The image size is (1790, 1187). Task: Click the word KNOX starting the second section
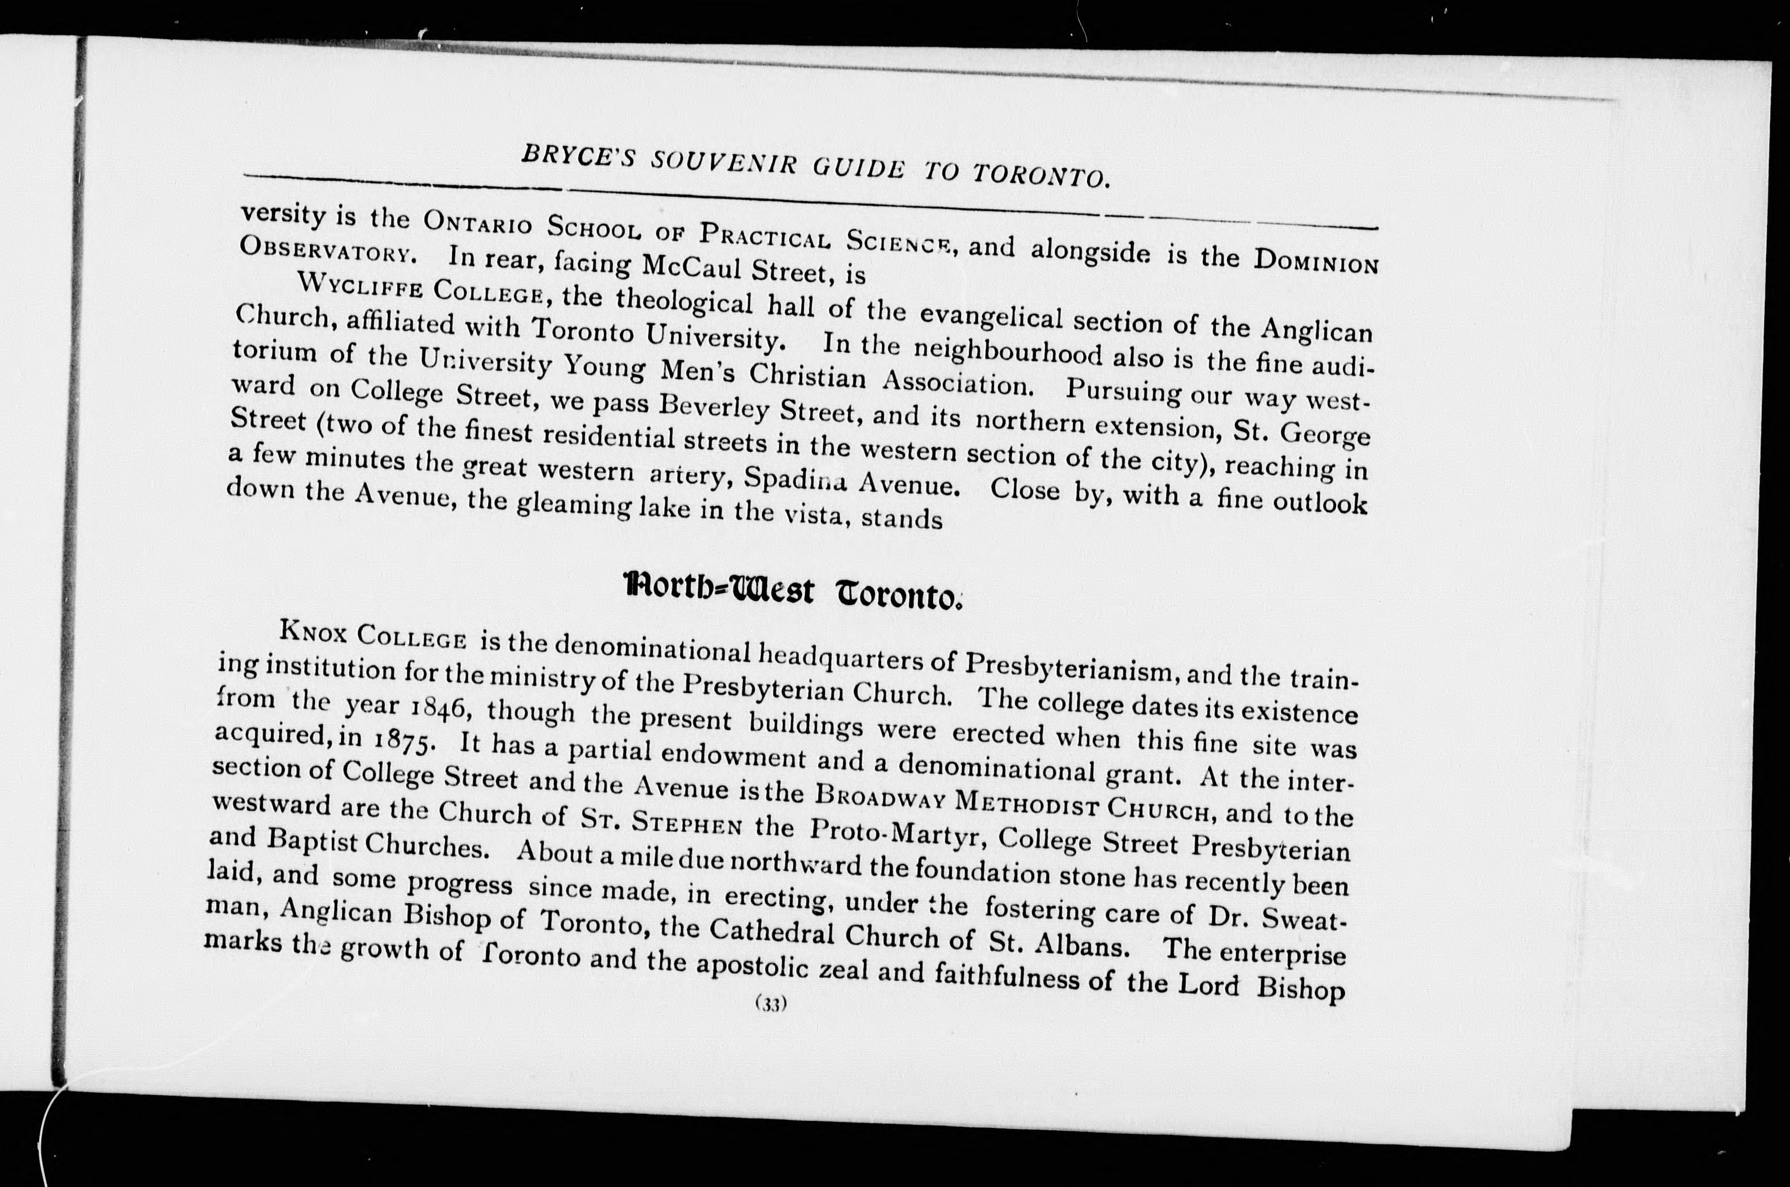[x=313, y=631]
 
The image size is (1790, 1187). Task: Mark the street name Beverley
[x=712, y=408]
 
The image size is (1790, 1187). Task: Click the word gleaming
[x=574, y=506]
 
